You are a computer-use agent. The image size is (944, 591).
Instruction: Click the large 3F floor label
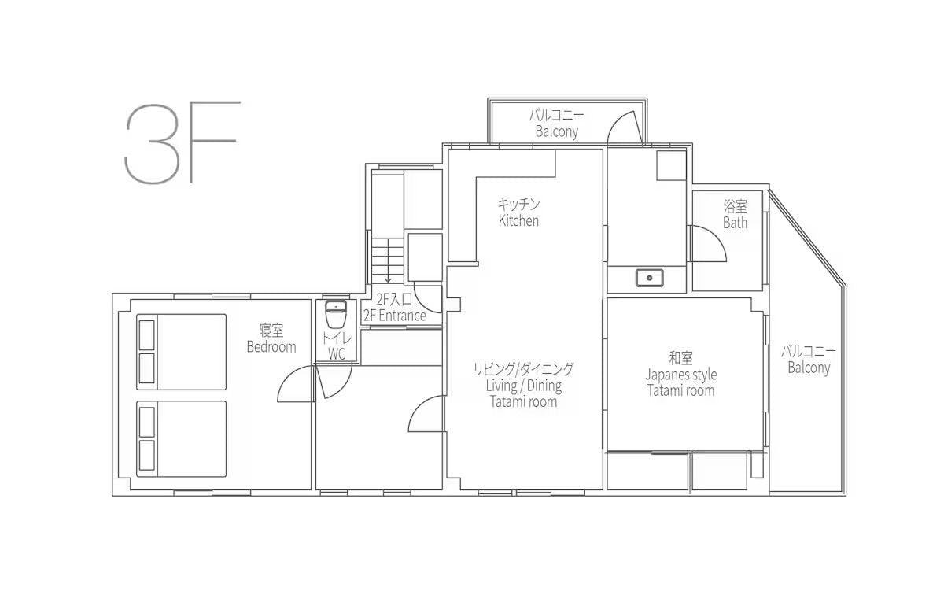coord(182,142)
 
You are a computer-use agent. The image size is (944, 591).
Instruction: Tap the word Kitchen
coord(518,220)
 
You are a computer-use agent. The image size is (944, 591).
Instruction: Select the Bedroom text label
coord(271,347)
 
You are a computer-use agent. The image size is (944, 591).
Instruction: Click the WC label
coord(337,354)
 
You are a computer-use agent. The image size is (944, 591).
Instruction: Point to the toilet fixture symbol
coord(336,314)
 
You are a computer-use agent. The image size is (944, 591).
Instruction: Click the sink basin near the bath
coord(650,279)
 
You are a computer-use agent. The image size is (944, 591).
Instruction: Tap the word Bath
coord(735,223)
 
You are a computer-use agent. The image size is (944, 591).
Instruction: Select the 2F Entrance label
coord(394,316)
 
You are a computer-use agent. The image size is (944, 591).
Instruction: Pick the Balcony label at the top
coord(556,131)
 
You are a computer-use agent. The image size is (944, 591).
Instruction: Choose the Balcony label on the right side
coord(809,368)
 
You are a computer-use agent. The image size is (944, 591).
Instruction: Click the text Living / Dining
coord(523,386)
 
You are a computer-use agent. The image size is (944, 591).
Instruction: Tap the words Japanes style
coord(681,375)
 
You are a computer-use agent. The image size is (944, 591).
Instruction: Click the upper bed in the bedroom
coord(181,352)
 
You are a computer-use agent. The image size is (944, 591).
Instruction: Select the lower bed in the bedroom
coord(181,439)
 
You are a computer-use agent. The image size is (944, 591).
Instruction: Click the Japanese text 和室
coord(681,358)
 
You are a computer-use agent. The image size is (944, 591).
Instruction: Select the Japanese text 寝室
coord(271,331)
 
